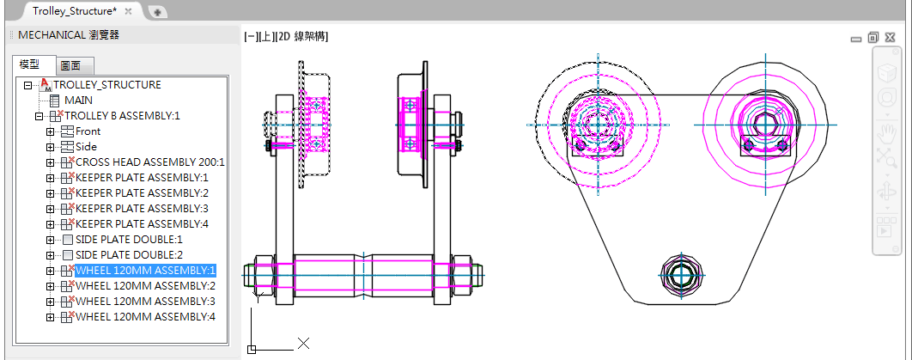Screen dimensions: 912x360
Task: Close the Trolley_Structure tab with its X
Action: coord(129,11)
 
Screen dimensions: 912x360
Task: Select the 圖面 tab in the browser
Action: coord(75,65)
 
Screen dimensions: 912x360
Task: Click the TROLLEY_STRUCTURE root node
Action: coord(107,85)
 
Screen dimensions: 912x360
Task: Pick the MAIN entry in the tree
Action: coord(78,100)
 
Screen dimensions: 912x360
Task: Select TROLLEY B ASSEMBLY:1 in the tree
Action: coord(122,116)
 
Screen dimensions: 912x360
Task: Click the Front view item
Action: coord(88,131)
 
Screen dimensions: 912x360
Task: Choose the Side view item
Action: coord(86,147)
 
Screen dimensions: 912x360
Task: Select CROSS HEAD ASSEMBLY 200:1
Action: coord(150,162)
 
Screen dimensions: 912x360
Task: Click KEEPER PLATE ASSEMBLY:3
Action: coord(142,208)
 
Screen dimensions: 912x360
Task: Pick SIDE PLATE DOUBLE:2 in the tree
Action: coord(129,254)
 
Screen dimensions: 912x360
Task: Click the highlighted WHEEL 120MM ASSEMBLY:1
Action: coord(145,271)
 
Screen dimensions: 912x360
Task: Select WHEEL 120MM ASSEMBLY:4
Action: coord(145,317)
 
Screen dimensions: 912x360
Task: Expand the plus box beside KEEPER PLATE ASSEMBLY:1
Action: coord(50,178)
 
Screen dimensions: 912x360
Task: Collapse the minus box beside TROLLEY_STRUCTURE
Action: coord(27,86)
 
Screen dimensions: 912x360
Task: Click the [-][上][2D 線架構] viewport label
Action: coord(286,37)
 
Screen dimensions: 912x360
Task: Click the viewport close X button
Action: coord(890,38)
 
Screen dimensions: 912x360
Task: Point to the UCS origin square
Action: coord(252,350)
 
